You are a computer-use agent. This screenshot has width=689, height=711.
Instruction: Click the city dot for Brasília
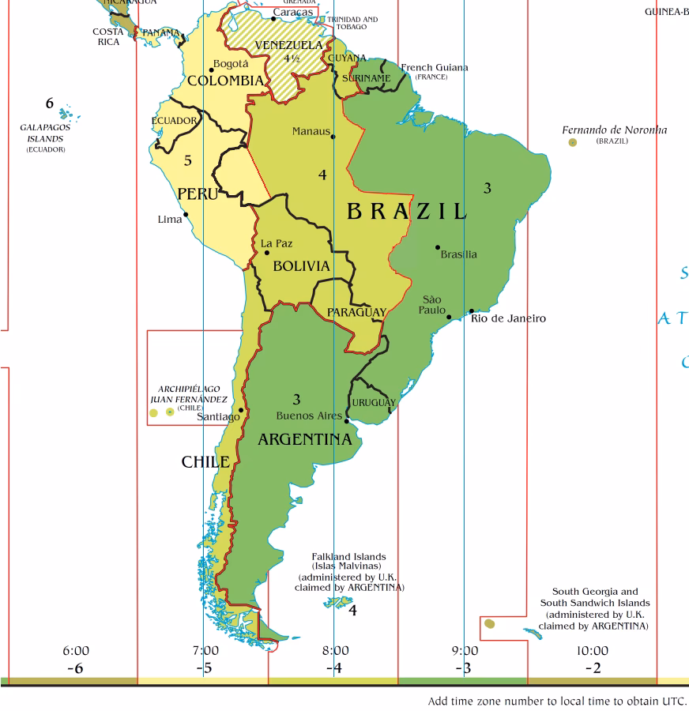pyautogui.click(x=438, y=247)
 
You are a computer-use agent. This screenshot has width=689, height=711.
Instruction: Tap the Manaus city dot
pyautogui.click(x=333, y=137)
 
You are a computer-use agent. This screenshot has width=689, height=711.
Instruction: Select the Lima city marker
pyautogui.click(x=186, y=214)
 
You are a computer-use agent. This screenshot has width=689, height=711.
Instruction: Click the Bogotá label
pyautogui.click(x=230, y=64)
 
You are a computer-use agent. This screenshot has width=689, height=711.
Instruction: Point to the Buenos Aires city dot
pyautogui.click(x=347, y=421)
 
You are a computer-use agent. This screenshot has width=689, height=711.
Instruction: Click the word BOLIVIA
pyautogui.click(x=301, y=267)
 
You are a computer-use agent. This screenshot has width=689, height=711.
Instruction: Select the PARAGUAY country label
pyautogui.click(x=356, y=312)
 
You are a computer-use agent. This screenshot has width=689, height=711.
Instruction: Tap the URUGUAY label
pyautogui.click(x=373, y=403)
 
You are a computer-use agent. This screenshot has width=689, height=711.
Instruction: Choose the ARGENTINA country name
pyautogui.click(x=304, y=440)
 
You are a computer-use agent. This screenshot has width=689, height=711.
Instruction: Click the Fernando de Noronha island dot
pyautogui.click(x=573, y=142)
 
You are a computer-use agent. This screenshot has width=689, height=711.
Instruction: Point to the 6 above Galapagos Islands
pyautogui.click(x=50, y=103)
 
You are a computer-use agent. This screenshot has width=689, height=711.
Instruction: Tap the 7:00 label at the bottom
pyautogui.click(x=205, y=651)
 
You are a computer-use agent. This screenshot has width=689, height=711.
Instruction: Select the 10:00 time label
pyautogui.click(x=592, y=651)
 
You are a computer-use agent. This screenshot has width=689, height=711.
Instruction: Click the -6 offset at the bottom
pyautogui.click(x=76, y=668)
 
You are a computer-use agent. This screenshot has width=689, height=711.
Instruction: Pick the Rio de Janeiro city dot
pyautogui.click(x=472, y=311)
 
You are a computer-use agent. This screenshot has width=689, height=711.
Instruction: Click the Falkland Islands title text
pyautogui.click(x=348, y=556)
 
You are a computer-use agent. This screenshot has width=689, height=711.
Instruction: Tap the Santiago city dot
pyautogui.click(x=241, y=410)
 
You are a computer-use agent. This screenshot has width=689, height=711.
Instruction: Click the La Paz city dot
pyautogui.click(x=267, y=253)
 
